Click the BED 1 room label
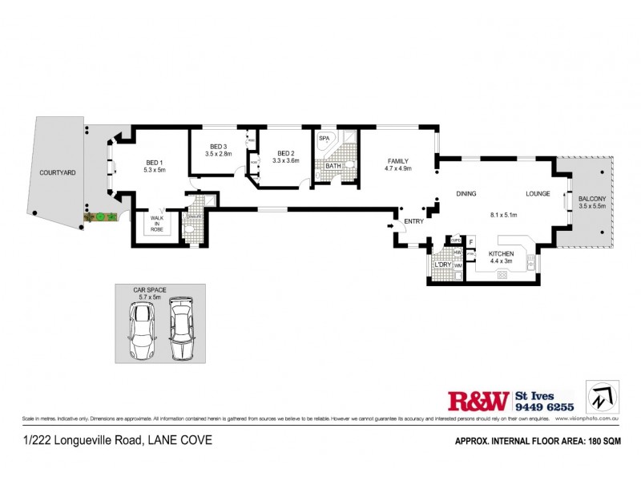pos(154,160)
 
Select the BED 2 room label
pos(286,153)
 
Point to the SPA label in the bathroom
pos(325,139)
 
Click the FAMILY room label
pos(398,160)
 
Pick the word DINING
pos(466,194)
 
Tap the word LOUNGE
pos(537,194)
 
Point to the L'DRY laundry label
pos(441,264)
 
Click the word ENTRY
pos(413,221)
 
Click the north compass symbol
pos(603,397)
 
